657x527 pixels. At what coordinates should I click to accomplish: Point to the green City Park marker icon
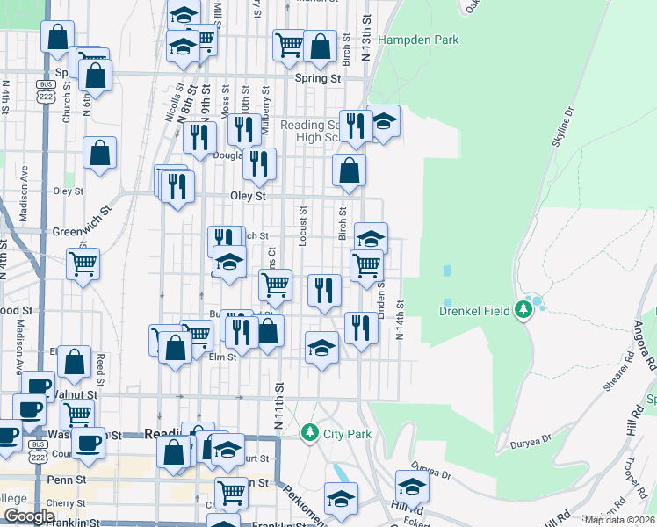309,433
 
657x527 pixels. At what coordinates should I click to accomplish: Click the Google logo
29,516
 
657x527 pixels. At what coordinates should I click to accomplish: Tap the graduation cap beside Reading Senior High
383,121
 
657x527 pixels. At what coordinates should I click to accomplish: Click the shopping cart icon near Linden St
366,263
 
